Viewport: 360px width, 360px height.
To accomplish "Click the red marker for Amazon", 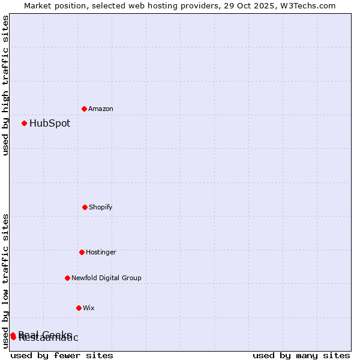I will click(x=84, y=109).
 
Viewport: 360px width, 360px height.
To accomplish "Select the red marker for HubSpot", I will click(x=24, y=123).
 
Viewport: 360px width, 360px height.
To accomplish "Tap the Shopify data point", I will click(x=85, y=207).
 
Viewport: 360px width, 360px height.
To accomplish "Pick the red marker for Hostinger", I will click(x=82, y=252).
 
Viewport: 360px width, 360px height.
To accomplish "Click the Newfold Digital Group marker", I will click(x=67, y=278).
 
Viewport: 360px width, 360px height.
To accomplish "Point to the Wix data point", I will click(x=79, y=308).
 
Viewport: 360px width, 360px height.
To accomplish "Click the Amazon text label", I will click(x=101, y=109).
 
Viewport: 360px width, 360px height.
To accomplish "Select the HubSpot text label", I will click(x=50, y=123).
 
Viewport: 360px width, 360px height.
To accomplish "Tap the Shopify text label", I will click(x=101, y=207).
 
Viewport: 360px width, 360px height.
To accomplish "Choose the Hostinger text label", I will click(x=101, y=252).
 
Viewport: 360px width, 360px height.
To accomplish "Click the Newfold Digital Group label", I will click(x=106, y=278).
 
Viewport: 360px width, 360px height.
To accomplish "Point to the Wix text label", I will click(x=89, y=308).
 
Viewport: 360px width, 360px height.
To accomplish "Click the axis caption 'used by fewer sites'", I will click(x=62, y=355).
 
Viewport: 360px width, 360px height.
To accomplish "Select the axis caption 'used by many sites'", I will click(x=301, y=355).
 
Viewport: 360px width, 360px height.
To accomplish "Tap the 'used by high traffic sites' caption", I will click(x=5, y=85).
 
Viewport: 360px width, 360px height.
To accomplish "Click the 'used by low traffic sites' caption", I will click(x=5, y=281).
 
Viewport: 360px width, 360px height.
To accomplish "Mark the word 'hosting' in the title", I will click(x=153, y=5).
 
